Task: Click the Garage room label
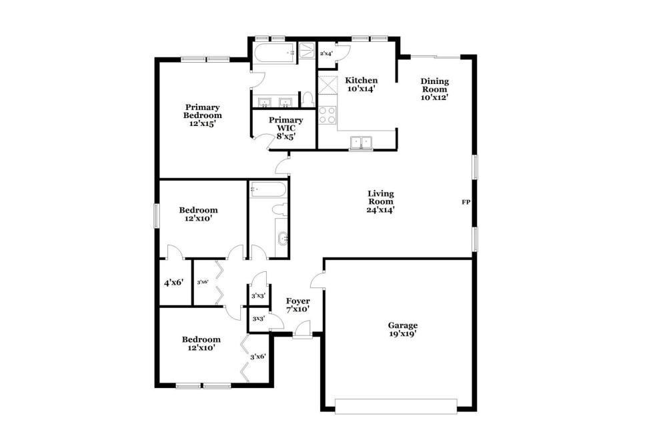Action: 402,329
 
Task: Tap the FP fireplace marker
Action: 466,203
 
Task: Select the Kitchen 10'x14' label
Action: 361,85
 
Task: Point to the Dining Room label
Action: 435,89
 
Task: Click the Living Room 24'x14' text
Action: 381,201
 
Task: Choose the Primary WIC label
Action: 286,128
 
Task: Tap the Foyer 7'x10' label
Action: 297,305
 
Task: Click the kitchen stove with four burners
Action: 327,115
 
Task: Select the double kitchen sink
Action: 361,143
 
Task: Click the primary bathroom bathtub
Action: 274,53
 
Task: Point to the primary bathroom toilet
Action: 307,99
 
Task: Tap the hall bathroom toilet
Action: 280,209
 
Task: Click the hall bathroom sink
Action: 282,239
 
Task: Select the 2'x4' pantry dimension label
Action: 326,53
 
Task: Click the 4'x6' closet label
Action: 173,282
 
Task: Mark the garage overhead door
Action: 396,406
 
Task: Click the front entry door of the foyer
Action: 302,331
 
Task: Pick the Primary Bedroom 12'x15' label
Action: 203,115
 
